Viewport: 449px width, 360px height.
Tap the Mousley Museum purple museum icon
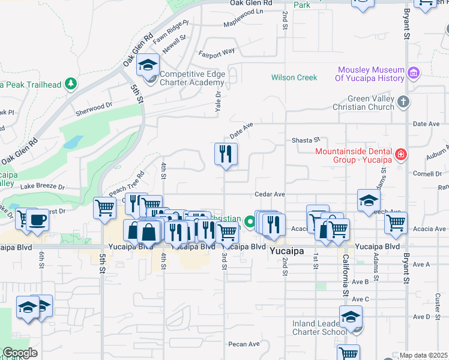pyautogui.click(x=413, y=73)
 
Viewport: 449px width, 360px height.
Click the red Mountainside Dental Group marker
pyautogui.click(x=400, y=155)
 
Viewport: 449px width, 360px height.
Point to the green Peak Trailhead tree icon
pyautogui.click(x=71, y=84)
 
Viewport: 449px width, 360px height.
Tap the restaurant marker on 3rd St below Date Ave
pyautogui.click(x=226, y=154)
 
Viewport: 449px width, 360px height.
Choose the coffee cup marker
pyautogui.click(x=37, y=220)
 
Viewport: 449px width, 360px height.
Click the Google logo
pyautogui.click(x=20, y=352)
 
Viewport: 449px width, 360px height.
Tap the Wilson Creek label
pyautogui.click(x=294, y=77)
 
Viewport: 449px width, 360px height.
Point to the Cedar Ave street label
pyautogui.click(x=269, y=194)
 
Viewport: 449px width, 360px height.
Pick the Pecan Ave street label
pyautogui.click(x=244, y=344)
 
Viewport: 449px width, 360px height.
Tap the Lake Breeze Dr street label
pyautogui.click(x=42, y=187)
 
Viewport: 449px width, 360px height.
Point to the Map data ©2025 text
pyautogui.click(x=423, y=355)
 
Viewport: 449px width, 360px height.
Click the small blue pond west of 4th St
pyautogui.click(x=73, y=142)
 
